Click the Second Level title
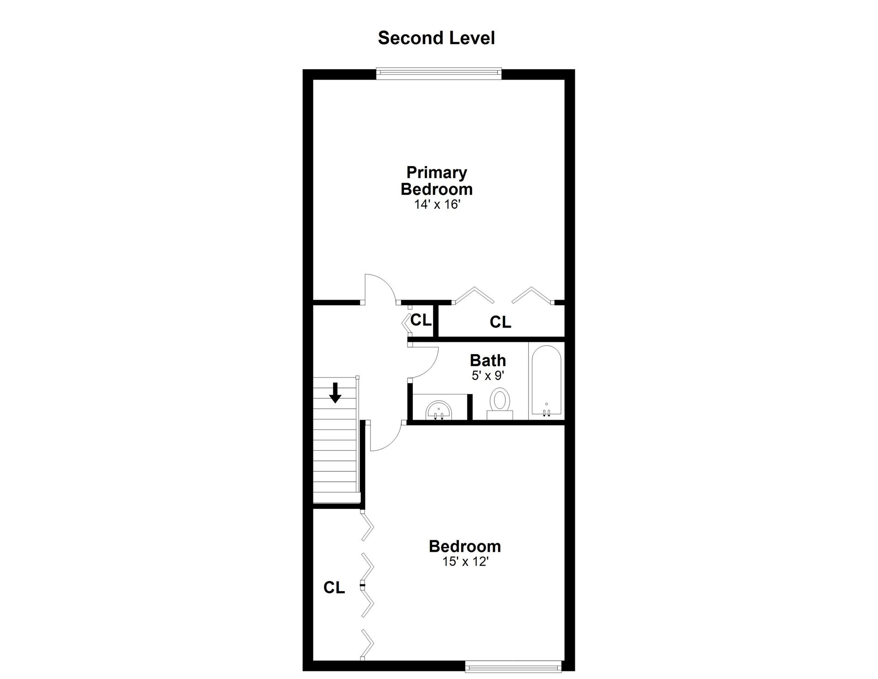click(436, 38)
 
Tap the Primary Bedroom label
click(436, 181)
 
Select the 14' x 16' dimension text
click(436, 205)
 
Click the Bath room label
click(488, 361)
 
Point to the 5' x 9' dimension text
click(488, 376)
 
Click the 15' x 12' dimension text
click(466, 561)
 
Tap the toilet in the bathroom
click(499, 404)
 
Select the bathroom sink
click(439, 410)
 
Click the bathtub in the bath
click(546, 381)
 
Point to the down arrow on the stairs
click(336, 393)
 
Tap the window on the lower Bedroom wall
click(514, 667)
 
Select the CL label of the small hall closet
click(421, 320)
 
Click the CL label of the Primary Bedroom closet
click(500, 322)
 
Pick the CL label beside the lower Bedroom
click(334, 587)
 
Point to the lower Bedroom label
click(465, 546)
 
